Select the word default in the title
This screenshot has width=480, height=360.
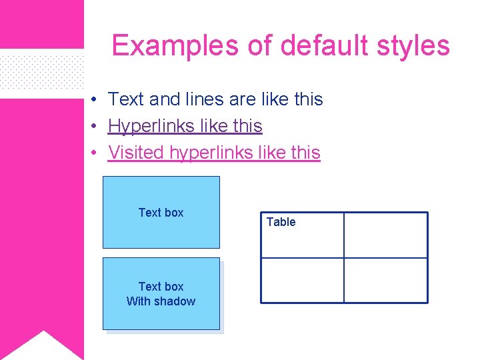tap(324, 46)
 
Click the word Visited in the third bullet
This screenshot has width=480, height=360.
tap(136, 153)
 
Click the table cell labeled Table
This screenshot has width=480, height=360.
tap(301, 235)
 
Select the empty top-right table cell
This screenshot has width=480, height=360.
tap(385, 235)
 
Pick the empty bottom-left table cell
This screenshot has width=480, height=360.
tap(301, 280)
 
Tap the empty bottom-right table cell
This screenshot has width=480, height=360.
tap(385, 280)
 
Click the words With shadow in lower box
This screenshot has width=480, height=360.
tap(161, 301)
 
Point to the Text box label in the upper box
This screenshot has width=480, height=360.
tap(161, 213)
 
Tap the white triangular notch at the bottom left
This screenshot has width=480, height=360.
tap(43, 347)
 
